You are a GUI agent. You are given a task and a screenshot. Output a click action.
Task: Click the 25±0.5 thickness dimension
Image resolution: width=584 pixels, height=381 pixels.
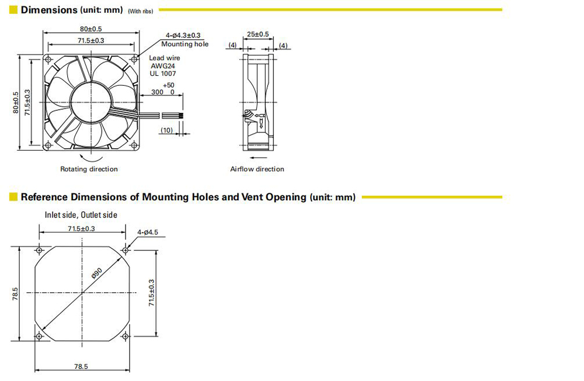click(258, 34)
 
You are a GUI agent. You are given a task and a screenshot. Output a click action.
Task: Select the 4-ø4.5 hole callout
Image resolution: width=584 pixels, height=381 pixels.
click(148, 232)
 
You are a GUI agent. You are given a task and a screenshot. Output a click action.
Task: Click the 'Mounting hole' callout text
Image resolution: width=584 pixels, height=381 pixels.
click(185, 44)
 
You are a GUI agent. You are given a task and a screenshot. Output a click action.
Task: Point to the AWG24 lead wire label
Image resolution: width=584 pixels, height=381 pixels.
click(163, 66)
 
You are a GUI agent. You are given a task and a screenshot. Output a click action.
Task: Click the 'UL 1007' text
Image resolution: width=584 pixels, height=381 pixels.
click(163, 74)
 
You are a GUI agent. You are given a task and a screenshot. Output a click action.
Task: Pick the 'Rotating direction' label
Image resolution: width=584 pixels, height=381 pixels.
click(89, 169)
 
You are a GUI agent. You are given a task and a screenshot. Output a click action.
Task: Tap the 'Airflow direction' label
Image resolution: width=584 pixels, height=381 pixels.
click(257, 169)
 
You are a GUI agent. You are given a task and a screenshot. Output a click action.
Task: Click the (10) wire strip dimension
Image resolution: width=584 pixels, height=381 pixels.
click(166, 130)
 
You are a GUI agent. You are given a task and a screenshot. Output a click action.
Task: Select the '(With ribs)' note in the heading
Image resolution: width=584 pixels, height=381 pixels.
click(140, 12)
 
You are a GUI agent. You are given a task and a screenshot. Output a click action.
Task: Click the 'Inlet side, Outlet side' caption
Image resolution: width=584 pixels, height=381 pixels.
click(81, 215)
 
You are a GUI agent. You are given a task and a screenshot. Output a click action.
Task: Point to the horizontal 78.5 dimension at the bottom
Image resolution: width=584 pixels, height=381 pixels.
click(81, 366)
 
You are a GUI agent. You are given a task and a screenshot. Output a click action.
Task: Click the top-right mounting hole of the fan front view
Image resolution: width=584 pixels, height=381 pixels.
click(134, 59)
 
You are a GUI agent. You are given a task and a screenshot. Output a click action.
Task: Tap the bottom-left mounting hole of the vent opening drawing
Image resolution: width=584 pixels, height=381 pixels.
click(39, 336)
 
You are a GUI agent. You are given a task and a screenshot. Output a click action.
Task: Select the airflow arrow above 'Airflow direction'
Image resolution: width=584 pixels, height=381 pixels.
click(257, 158)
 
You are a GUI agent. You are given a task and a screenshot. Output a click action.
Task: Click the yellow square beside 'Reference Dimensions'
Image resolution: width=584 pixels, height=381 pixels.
click(13, 197)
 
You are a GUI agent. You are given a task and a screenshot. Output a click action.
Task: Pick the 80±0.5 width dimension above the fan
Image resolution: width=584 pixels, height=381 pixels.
click(91, 29)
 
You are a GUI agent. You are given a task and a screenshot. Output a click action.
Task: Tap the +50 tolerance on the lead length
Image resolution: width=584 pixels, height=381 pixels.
click(168, 85)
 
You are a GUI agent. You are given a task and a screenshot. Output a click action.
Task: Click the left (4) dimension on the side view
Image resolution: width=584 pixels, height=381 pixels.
click(232, 45)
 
